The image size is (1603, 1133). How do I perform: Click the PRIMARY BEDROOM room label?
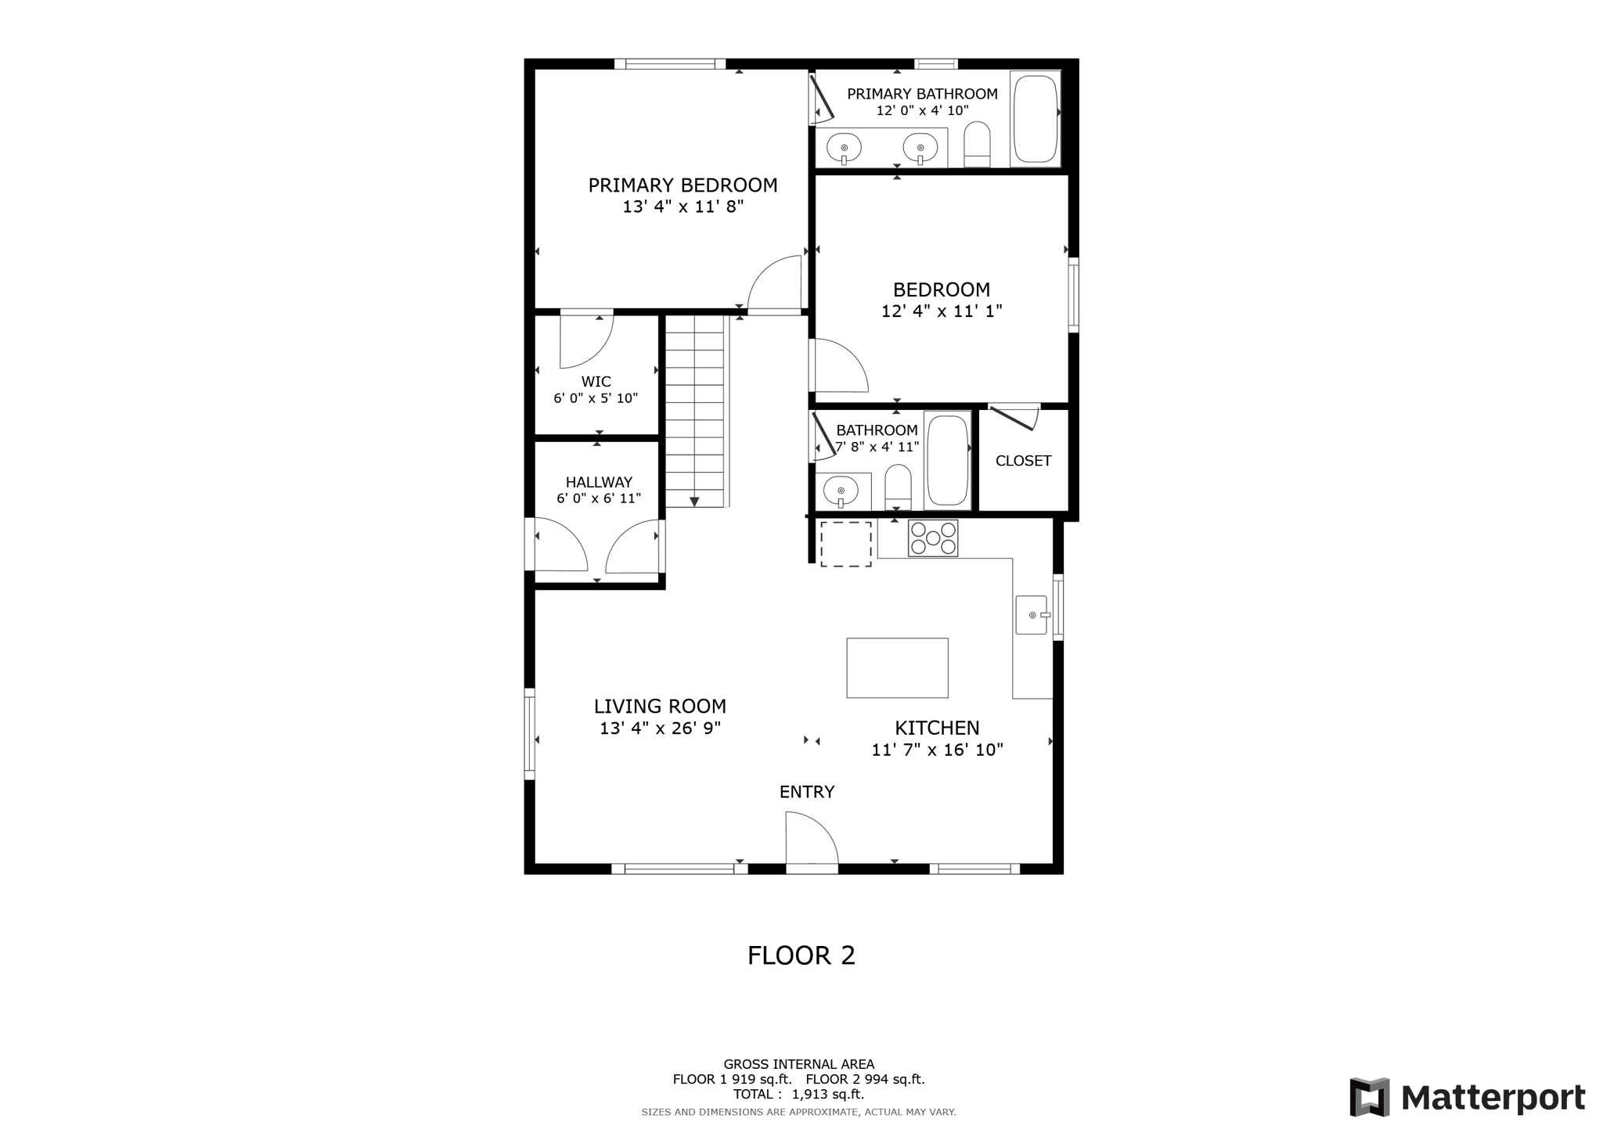[x=683, y=185]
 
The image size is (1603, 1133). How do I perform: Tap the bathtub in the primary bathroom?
[x=1035, y=118]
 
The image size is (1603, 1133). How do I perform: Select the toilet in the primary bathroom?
[x=976, y=145]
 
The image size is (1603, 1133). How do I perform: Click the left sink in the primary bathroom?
[x=844, y=147]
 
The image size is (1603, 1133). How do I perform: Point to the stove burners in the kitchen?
[x=932, y=538]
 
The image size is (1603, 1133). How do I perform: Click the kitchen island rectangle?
[x=897, y=667]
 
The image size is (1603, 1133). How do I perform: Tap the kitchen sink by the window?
[x=1031, y=615]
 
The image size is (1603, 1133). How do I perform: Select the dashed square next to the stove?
[x=845, y=544]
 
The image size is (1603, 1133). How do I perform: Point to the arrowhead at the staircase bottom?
[x=693, y=502]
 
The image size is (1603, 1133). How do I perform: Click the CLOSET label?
[x=1023, y=461]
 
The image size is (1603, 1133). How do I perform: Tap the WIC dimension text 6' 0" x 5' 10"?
[x=596, y=398]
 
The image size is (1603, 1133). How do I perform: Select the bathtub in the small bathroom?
[x=947, y=460]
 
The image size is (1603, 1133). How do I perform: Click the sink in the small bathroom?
[x=841, y=491]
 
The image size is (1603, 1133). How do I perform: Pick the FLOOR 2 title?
[x=801, y=955]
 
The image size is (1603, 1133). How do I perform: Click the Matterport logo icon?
[x=1369, y=1097]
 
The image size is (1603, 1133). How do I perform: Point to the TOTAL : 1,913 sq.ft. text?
[x=798, y=1095]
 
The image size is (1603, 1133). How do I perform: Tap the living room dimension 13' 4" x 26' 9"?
[x=660, y=728]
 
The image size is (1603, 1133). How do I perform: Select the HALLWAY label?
[x=599, y=482]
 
